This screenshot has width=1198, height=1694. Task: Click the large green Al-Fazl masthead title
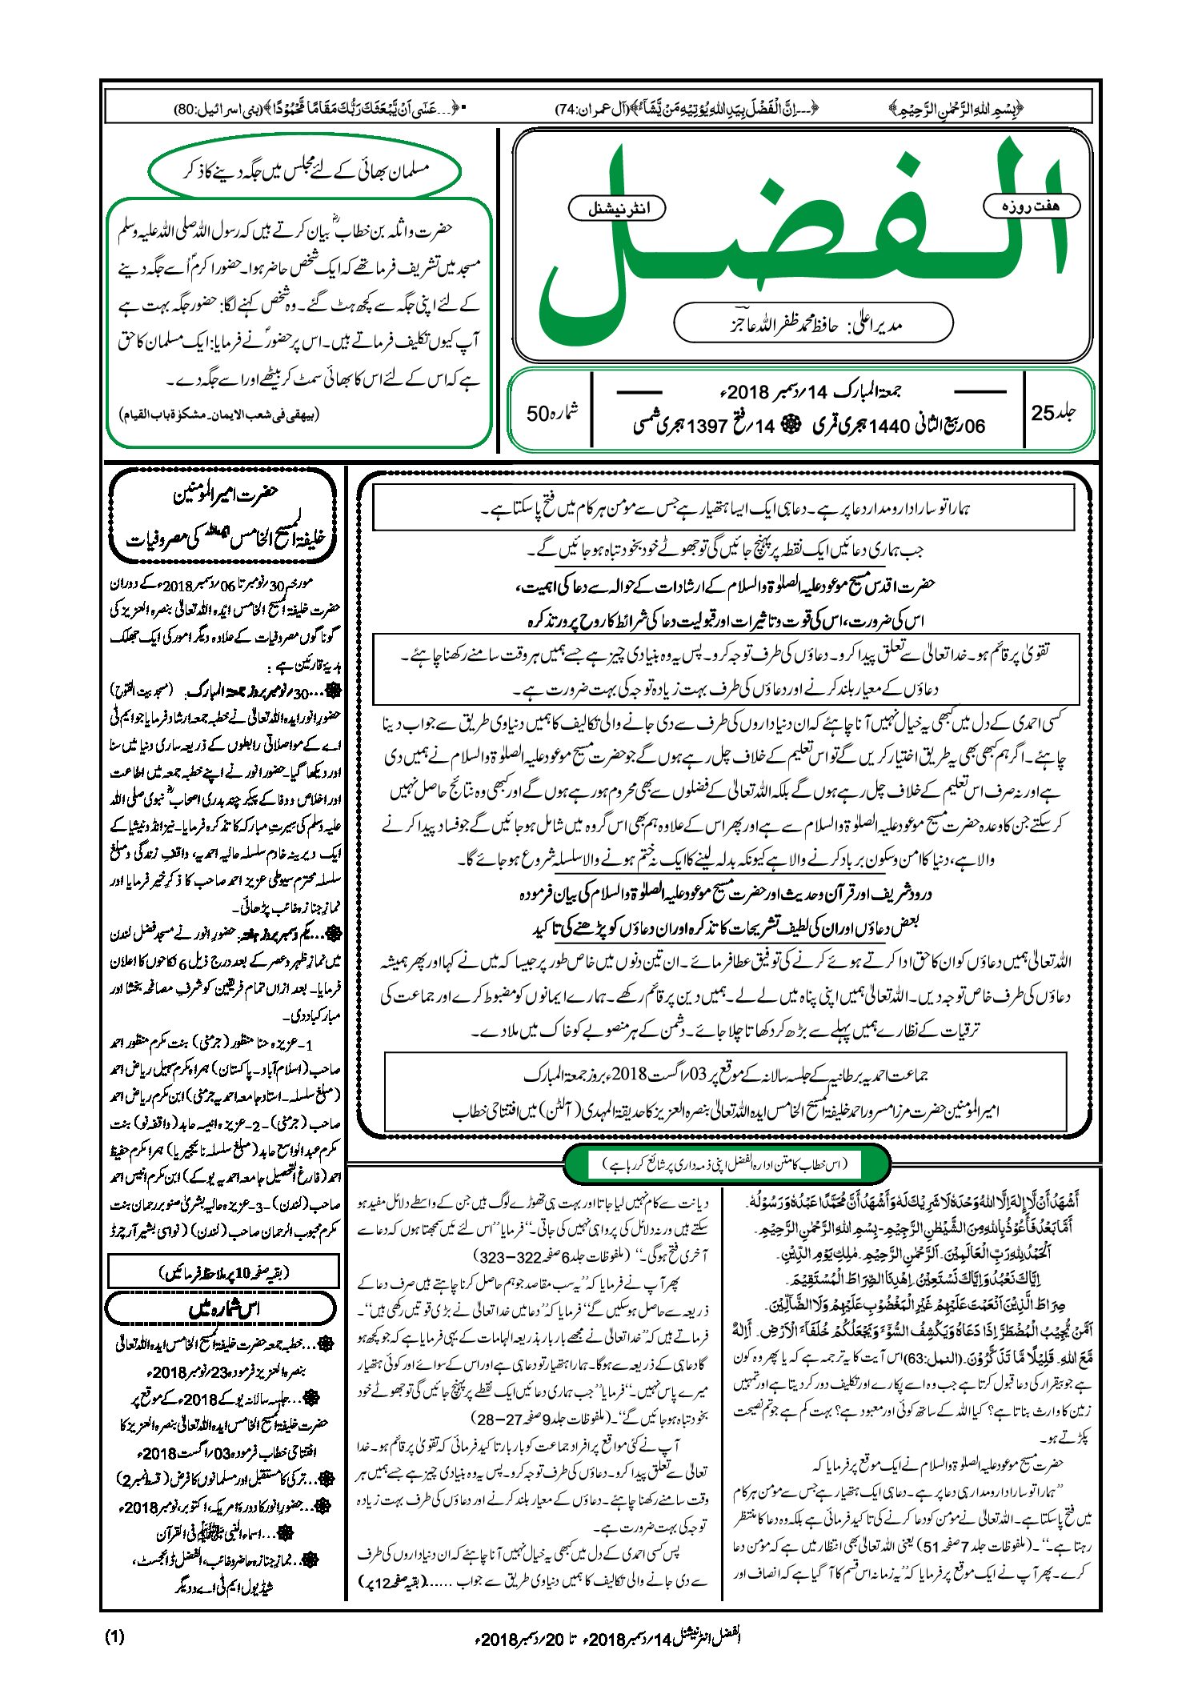point(800,240)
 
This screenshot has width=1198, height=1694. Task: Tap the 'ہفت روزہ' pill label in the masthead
point(1031,206)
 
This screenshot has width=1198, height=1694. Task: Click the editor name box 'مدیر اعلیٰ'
point(812,324)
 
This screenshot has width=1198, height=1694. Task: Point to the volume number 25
point(1053,412)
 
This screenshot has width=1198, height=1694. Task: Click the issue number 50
point(551,413)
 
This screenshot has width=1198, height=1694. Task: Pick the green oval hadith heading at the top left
point(305,170)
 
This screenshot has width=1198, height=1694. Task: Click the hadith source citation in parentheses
point(219,415)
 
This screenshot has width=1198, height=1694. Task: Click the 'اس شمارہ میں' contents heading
point(223,1309)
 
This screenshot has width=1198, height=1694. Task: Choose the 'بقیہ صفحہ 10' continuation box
point(223,1272)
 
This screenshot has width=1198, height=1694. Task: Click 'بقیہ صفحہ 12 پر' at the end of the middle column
point(395,1582)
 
